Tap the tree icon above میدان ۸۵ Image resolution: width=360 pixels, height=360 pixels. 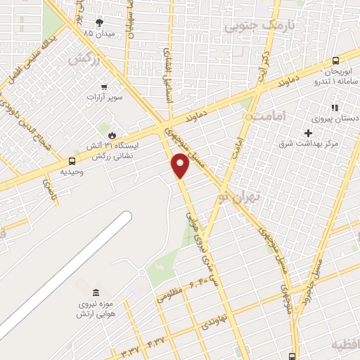pos(98,22)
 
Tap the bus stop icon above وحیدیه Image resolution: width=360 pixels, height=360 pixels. pos(72,161)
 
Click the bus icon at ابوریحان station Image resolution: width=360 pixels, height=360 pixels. pos(335,61)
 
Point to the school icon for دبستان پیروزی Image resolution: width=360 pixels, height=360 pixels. pos(335,108)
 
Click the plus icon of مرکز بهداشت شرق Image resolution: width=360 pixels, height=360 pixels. pos(308,133)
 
